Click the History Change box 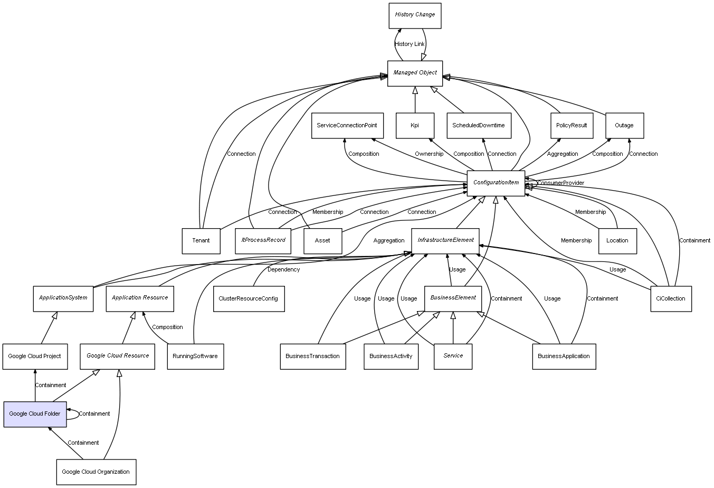tap(414, 15)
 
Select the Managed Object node tap(415, 73)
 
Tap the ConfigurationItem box tap(496, 183)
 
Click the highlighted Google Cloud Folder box tap(35, 414)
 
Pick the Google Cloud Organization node tap(96, 472)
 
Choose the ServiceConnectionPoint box tap(347, 126)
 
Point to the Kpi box tap(415, 126)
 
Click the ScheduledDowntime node tap(479, 126)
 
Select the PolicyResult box tap(572, 126)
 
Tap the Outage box tap(624, 126)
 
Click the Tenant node tap(201, 240)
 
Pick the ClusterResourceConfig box tap(249, 298)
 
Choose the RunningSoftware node tap(195, 356)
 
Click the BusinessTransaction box tap(312, 356)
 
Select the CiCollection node tap(671, 298)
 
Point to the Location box tap(617, 240)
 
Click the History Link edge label tap(410, 44)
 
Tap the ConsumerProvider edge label tap(560, 183)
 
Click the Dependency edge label tap(283, 269)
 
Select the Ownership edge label tap(429, 154)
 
